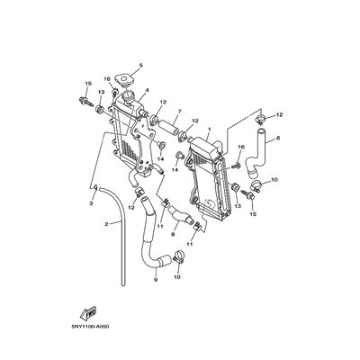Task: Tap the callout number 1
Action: point(210,130)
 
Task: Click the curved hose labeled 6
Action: point(256,153)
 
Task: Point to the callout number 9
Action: point(156,279)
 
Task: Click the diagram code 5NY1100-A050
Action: point(90,327)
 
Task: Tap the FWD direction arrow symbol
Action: point(88,312)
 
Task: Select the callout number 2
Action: point(106,224)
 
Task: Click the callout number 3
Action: point(91,203)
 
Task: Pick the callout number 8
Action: point(173,236)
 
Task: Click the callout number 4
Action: point(148,90)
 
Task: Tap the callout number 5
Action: point(141,65)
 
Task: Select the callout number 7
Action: point(180,112)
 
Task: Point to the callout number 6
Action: point(278,139)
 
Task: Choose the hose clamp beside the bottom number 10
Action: point(178,257)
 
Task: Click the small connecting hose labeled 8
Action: point(180,214)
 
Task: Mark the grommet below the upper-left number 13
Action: point(100,110)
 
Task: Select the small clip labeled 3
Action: point(95,187)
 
